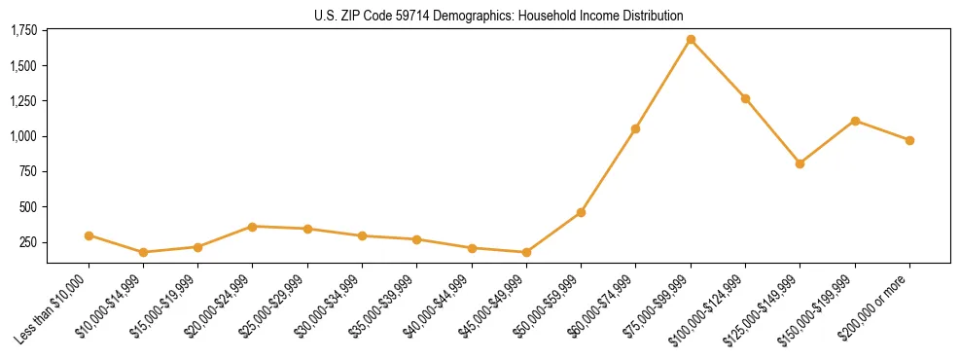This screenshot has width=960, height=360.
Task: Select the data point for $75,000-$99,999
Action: [691, 40]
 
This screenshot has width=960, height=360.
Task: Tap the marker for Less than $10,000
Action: [89, 235]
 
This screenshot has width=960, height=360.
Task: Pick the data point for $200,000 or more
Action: [909, 140]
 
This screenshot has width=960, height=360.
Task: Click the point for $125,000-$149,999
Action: [800, 163]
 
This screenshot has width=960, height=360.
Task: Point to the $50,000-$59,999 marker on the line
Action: [581, 212]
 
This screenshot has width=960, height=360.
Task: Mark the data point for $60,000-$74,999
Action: [635, 128]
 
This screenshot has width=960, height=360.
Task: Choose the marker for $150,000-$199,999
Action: [855, 121]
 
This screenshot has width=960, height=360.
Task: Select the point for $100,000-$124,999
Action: [745, 98]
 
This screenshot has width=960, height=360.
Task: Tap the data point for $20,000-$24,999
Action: [253, 227]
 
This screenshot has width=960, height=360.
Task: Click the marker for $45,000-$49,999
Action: [526, 252]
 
